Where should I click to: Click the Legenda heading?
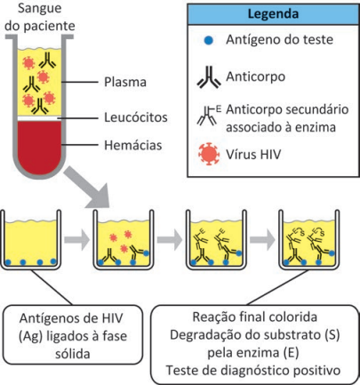[x=273, y=14]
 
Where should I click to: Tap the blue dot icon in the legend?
[x=209, y=40]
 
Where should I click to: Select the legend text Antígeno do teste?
[x=279, y=40]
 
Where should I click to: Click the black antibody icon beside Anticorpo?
[x=209, y=77]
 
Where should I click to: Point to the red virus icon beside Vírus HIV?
[x=209, y=154]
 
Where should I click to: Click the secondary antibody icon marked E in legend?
[x=209, y=115]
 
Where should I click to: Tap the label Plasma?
[x=125, y=82]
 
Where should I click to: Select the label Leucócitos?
[x=136, y=117]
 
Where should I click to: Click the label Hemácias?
[x=133, y=145]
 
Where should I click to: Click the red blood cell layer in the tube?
[x=39, y=145]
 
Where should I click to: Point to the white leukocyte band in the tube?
[x=39, y=118]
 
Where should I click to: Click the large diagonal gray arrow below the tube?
[x=88, y=188]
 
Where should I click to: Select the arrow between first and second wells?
[x=76, y=239]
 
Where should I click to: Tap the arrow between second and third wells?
[x=170, y=239]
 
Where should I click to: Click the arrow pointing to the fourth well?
[x=262, y=239]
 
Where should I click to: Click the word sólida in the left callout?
[x=73, y=354]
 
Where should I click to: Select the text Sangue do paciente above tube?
[x=40, y=17]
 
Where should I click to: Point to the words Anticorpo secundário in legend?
[x=287, y=109]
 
